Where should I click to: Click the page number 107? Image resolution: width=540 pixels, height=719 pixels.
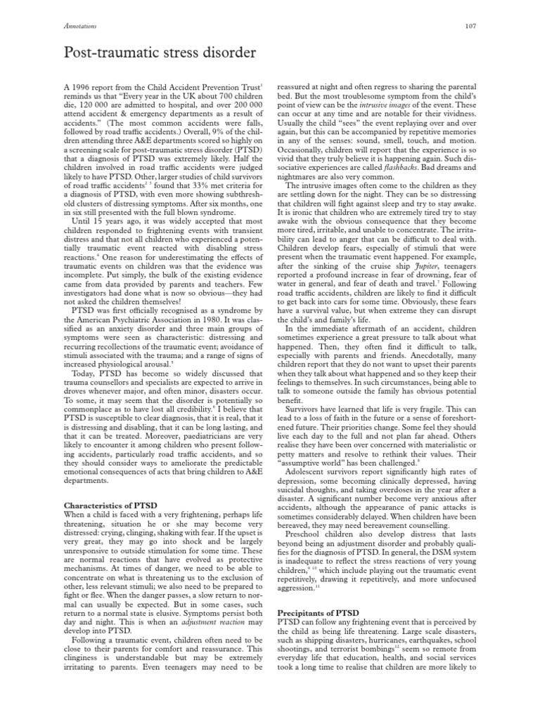coord(471,27)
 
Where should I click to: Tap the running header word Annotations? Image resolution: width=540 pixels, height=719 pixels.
coord(79,27)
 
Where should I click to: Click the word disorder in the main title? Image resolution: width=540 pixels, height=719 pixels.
coord(216,53)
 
